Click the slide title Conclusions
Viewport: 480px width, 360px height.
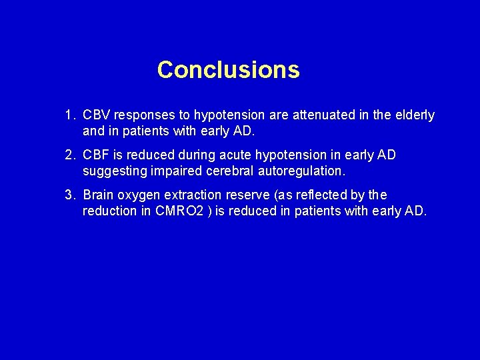pyautogui.click(x=228, y=69)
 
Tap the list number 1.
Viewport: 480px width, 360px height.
pyautogui.click(x=69, y=116)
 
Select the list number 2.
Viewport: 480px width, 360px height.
pyautogui.click(x=69, y=155)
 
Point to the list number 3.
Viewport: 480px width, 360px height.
pyautogui.click(x=69, y=195)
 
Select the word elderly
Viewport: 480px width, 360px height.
pyautogui.click(x=415, y=116)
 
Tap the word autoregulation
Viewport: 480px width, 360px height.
pyautogui.click(x=300, y=171)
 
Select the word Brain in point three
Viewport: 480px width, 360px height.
pyautogui.click(x=99, y=195)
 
